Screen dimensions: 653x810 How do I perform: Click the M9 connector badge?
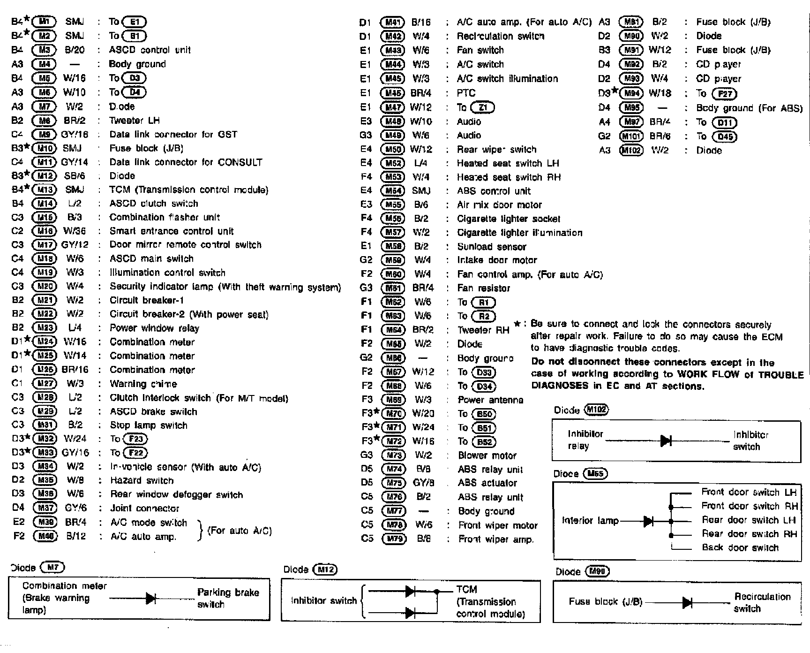point(44,135)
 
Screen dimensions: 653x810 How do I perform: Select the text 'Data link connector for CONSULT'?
point(186,162)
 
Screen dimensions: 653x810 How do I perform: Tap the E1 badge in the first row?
point(135,22)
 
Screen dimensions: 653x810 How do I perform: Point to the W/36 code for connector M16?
point(75,231)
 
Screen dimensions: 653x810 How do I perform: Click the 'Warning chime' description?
point(143,384)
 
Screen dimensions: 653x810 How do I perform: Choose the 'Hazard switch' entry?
point(142,480)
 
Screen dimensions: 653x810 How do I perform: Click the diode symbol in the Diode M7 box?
point(151,598)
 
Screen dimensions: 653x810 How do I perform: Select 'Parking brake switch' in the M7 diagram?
point(228,598)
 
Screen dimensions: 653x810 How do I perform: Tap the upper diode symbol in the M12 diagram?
point(410,591)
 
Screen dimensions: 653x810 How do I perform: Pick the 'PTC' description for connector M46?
point(466,93)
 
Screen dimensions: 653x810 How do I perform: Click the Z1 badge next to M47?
point(482,107)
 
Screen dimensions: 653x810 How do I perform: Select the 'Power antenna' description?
point(490,400)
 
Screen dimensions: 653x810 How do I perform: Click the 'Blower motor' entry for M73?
point(487,456)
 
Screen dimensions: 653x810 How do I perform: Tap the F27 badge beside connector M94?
point(725,94)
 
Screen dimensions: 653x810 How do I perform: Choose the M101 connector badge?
point(631,137)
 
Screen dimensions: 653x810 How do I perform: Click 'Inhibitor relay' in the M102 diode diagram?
point(585,440)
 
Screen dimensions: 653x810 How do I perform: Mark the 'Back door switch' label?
point(740,547)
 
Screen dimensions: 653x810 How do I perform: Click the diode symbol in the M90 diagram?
point(688,602)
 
